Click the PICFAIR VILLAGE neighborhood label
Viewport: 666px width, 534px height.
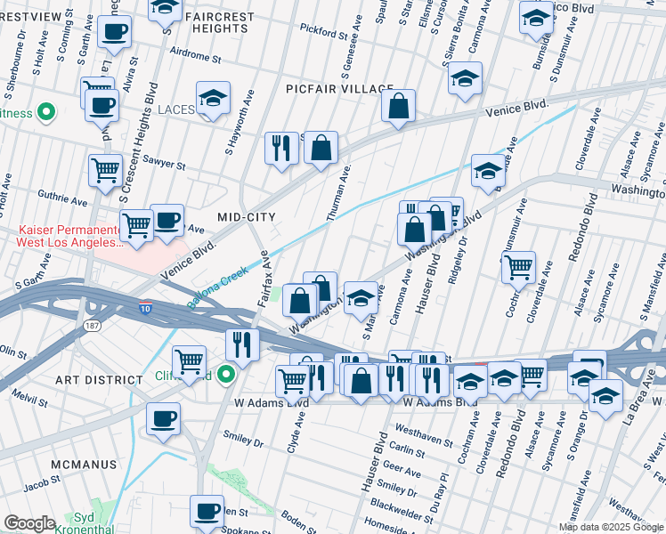click(339, 89)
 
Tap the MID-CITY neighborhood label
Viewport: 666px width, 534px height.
click(247, 217)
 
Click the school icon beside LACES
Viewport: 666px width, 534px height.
click(213, 100)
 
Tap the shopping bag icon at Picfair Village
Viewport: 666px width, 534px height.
click(399, 105)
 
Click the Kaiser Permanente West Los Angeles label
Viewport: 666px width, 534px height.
click(69, 237)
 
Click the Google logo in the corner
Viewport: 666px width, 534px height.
click(29, 523)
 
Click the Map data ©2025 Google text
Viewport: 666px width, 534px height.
click(611, 527)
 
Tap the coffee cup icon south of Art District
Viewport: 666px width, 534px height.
click(162, 418)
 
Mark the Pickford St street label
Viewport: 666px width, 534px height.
click(322, 35)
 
